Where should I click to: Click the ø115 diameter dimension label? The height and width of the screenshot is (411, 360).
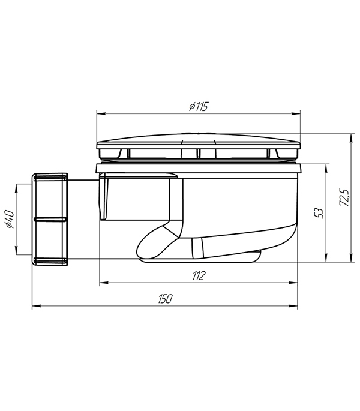click(199, 107)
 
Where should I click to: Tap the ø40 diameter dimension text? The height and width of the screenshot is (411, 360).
click(10, 219)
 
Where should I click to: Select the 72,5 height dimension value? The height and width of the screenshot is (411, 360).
click(344, 197)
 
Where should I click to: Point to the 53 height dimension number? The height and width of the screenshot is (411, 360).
click(319, 213)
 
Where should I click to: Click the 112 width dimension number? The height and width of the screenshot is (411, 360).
click(199, 276)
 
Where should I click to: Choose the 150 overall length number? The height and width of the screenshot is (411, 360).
click(166, 299)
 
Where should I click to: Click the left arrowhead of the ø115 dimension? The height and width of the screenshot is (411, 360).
click(101, 114)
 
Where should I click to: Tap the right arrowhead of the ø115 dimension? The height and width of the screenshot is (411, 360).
click(296, 114)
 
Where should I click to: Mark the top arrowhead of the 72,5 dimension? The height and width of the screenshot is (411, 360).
click(351, 138)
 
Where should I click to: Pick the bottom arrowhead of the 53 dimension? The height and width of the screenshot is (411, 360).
click(326, 257)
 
